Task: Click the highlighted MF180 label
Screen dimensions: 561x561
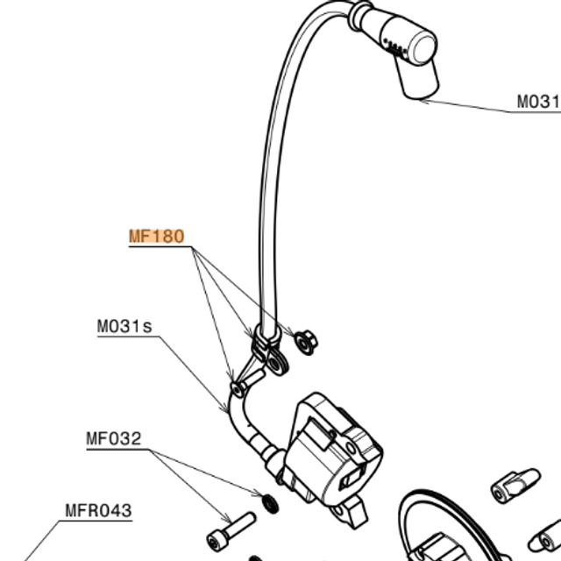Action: click(156, 236)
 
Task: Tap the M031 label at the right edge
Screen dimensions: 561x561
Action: click(536, 103)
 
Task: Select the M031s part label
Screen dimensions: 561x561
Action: click(124, 327)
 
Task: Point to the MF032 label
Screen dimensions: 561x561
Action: click(113, 439)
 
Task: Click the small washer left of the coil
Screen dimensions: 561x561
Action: click(271, 502)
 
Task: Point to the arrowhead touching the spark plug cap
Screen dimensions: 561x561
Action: click(420, 100)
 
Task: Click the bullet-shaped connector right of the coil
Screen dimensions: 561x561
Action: click(513, 480)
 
